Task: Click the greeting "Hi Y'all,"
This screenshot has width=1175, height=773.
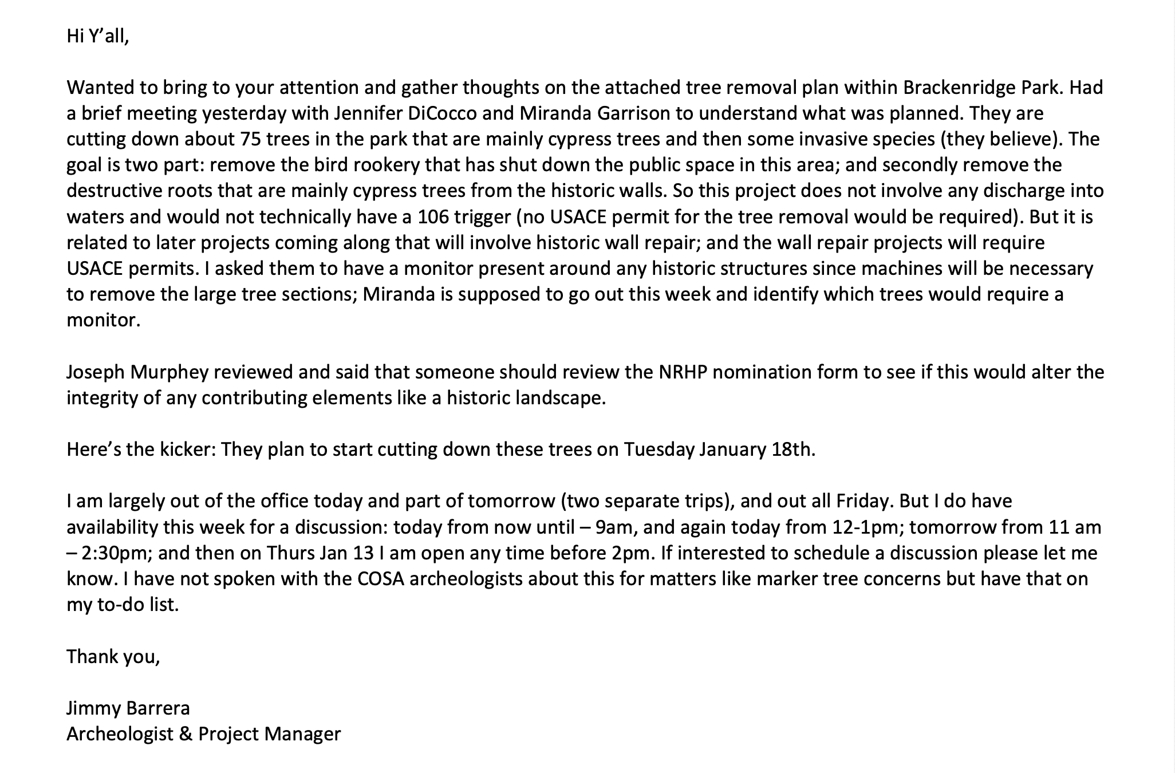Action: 98,36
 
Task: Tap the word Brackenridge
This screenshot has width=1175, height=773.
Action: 964,88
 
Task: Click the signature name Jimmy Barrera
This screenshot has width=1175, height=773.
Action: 128,708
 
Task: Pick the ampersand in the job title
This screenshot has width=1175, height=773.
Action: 185,734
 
